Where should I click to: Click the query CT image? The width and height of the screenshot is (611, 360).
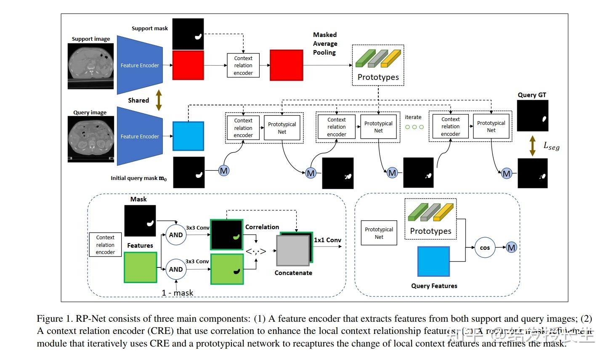91,139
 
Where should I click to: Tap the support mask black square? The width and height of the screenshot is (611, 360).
188,34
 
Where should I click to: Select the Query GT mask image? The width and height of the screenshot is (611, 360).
532,116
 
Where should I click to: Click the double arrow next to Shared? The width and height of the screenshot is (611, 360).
159,101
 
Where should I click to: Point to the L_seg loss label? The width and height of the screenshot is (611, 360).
551,146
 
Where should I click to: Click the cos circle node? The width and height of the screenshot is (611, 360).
485,248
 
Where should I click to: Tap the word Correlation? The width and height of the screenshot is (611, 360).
262,227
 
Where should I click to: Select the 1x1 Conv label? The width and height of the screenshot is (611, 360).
327,240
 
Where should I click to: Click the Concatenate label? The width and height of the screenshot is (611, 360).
293,273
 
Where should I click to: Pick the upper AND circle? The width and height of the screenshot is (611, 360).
176,235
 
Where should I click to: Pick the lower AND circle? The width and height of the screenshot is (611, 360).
176,270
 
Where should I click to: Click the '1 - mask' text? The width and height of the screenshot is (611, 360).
177,293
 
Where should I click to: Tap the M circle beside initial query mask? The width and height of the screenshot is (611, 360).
224,171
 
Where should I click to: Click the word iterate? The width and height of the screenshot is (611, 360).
413,117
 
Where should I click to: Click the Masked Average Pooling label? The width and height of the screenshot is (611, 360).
325,44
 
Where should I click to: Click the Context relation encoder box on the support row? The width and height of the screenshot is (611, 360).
243,66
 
